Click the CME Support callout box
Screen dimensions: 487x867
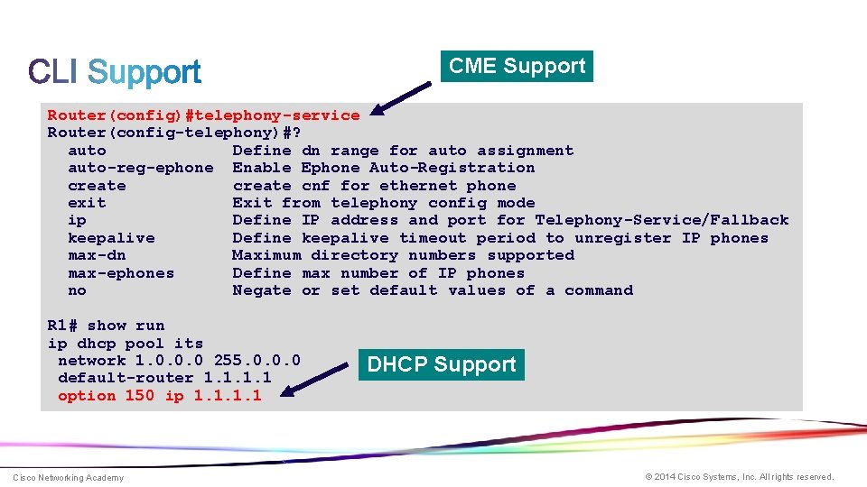517,66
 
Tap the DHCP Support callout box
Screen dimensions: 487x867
441,364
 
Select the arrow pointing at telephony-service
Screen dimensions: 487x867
401,98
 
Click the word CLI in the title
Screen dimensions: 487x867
52,72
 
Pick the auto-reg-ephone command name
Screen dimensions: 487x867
141,168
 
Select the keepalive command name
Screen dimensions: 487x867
111,238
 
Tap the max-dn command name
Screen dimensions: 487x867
97,255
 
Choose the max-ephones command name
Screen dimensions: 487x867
121,273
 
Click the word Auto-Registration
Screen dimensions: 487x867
452,168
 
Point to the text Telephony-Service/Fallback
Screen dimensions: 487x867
662,220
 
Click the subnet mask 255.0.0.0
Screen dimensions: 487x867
256,361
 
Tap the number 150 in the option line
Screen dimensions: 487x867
140,396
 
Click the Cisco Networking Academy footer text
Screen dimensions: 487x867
68,477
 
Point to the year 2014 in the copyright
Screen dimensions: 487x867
664,477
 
